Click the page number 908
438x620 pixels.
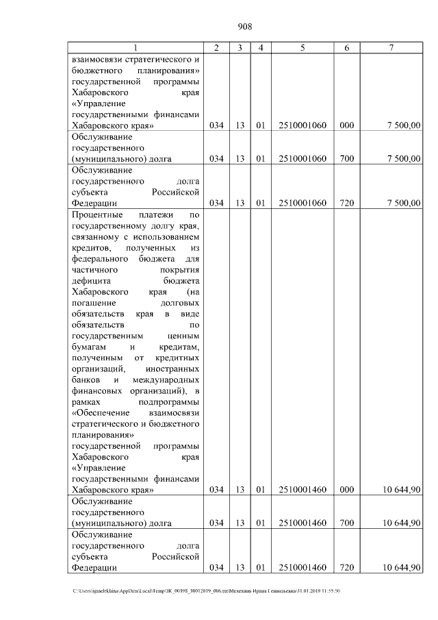(x=245, y=27)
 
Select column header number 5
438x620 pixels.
(x=302, y=47)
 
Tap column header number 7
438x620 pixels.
(x=390, y=47)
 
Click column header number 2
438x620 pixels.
(x=216, y=47)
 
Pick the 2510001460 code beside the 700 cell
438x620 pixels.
(x=302, y=523)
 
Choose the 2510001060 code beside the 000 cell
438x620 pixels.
(x=302, y=126)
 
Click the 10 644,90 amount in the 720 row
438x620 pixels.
(x=402, y=567)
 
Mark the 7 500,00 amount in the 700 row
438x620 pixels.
(x=404, y=159)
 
